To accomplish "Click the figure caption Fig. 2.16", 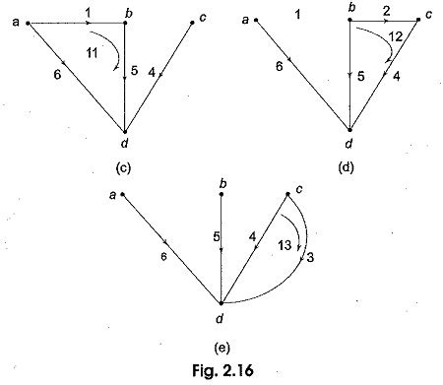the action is pos(221,369).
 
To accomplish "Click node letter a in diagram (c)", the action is pos(14,21).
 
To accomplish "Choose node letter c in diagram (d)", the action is pos(429,14).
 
